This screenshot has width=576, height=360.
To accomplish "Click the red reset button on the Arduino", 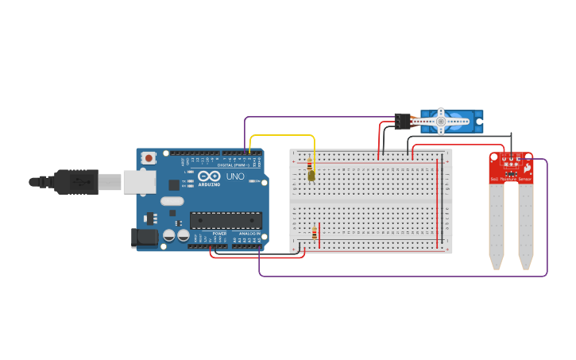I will pyautogui.click(x=148, y=158).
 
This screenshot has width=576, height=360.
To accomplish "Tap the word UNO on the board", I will pyautogui.click(x=235, y=176).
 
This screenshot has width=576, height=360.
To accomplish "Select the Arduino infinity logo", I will pyautogui.click(x=209, y=176).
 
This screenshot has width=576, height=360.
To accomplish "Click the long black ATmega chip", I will pyautogui.click(x=226, y=220).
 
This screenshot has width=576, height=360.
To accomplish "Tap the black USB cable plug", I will pyautogui.click(x=75, y=181).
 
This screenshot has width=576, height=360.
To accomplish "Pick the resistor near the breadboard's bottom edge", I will pyautogui.click(x=315, y=234).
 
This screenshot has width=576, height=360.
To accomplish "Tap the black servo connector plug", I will pyautogui.click(x=403, y=121).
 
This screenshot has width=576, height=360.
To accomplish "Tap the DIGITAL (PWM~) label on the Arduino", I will pyautogui.click(x=231, y=165).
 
